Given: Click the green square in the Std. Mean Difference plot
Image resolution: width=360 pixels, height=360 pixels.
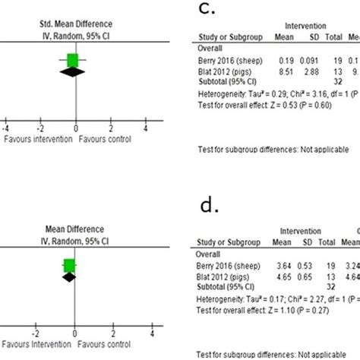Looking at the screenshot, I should coord(73,60).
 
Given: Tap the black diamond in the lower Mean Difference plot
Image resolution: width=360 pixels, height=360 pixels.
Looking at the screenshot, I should coord(69,277).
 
